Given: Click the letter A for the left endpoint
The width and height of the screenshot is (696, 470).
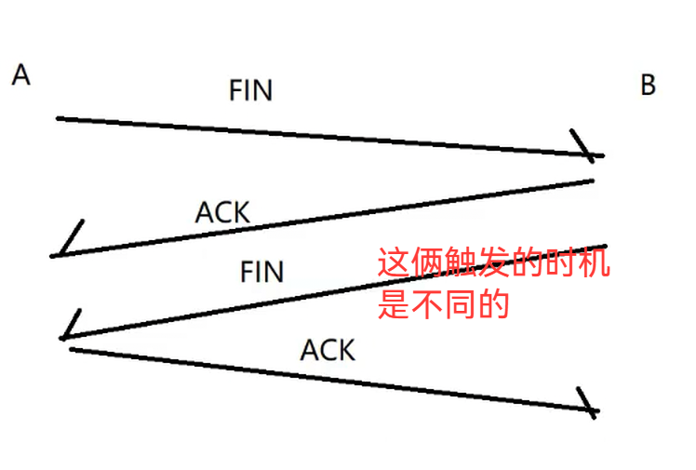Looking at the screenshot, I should click(21, 75).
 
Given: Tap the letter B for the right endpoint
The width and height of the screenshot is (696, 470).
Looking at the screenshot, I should click(648, 86).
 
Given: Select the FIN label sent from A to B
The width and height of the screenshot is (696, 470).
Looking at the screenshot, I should click(250, 90).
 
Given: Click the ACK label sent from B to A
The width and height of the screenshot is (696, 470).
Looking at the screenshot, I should click(222, 212).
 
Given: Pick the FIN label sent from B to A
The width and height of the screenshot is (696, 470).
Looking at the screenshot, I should click(261, 272).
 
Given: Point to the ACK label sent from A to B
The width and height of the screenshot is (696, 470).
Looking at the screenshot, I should click(328, 351).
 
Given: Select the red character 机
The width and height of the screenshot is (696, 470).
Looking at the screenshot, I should click(596, 263).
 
